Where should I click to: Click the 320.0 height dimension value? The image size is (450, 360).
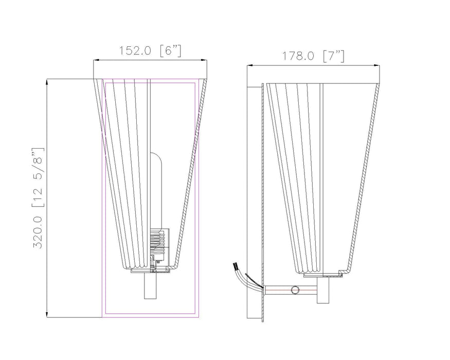pos(39,228)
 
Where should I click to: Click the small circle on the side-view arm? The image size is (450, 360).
pos(295,291)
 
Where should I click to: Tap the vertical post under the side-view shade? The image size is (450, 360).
pos(323,291)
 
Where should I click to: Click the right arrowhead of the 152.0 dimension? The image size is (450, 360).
pos(206,61)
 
